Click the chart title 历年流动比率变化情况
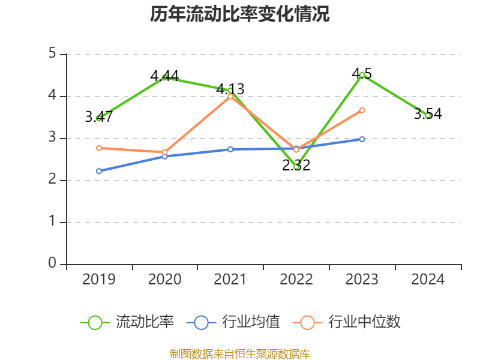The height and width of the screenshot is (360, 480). [x=240, y=14]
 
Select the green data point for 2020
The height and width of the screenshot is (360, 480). [x=164, y=78]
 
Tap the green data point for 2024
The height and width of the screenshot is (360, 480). [x=428, y=115]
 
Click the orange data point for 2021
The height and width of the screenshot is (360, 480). [x=230, y=96]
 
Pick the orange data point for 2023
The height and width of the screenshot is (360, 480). [x=362, y=110]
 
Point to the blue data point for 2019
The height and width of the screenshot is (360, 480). [x=99, y=171]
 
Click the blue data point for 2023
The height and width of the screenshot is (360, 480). [x=362, y=139]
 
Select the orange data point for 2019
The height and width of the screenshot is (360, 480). [x=99, y=148]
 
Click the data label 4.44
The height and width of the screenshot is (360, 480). [x=164, y=76]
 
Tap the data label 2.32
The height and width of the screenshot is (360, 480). [x=296, y=166]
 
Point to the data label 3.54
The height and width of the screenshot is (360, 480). [x=428, y=114]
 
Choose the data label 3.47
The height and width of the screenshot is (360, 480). [x=99, y=117]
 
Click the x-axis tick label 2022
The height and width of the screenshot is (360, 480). [x=296, y=280]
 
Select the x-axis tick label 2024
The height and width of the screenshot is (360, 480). [x=428, y=280]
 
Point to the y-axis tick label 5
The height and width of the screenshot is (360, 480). [x=53, y=54]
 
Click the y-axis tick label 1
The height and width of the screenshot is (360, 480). [x=53, y=222]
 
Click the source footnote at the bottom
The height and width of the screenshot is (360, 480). [x=240, y=353]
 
